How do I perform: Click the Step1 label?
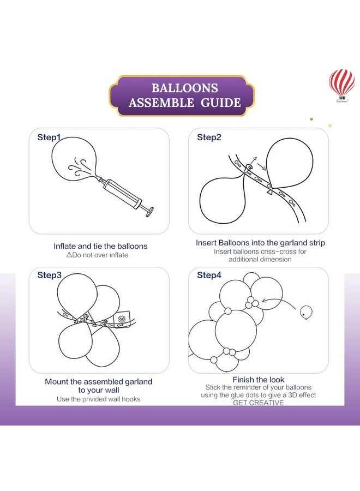click(49, 137)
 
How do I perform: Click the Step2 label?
click(209, 137)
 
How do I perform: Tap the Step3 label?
click(49, 275)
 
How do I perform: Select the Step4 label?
click(209, 275)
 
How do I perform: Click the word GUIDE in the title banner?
click(220, 103)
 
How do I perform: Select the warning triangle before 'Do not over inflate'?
click(69, 255)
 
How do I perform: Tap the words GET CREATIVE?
click(258, 403)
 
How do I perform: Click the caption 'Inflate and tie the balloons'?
click(100, 246)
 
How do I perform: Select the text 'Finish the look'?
click(259, 380)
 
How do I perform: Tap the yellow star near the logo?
click(330, 126)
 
